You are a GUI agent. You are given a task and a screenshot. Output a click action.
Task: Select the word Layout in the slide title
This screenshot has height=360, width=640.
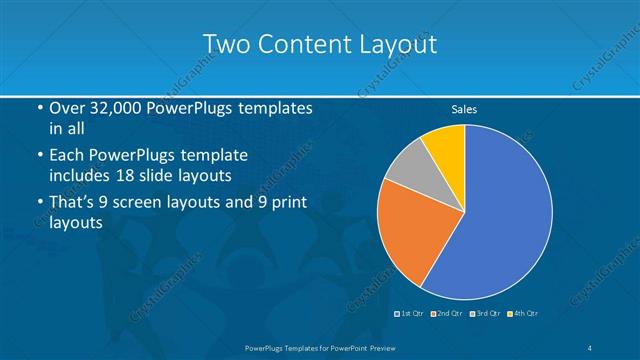click(x=394, y=45)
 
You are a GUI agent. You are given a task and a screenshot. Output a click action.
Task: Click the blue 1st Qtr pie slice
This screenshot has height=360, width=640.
click(x=505, y=215)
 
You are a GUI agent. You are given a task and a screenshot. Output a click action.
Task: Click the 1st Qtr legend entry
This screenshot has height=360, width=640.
click(x=409, y=314)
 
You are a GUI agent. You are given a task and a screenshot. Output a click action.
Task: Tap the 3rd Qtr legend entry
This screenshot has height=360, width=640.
click(x=486, y=314)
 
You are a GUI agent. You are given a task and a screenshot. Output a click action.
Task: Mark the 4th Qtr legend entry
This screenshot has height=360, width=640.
click(x=526, y=314)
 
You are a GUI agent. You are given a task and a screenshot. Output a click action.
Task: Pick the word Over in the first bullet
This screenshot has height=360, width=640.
click(x=66, y=108)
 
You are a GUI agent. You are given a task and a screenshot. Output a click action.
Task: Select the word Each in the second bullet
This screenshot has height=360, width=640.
click(x=66, y=156)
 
